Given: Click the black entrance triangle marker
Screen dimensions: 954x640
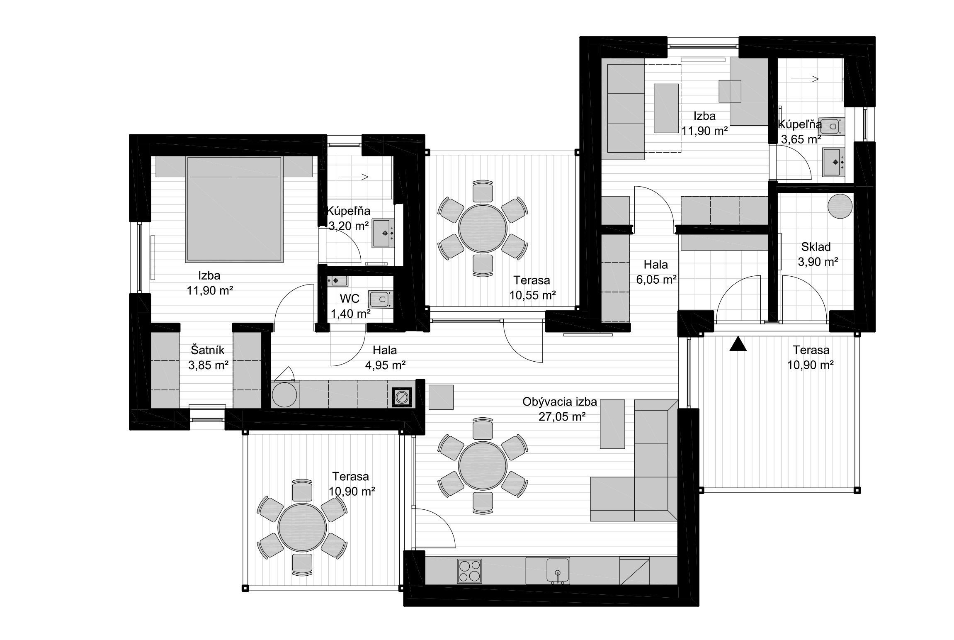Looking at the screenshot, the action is pos(738,345).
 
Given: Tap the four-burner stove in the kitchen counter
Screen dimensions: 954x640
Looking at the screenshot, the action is pos(469,571).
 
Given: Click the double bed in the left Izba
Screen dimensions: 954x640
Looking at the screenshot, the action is pos(235,209).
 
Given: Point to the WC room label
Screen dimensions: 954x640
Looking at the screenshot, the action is pos(350,299).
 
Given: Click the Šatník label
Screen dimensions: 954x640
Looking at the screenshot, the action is pos(207,350).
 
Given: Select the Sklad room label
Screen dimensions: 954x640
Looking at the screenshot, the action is pos(816,247).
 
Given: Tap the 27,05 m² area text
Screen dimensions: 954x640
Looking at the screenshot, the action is pos(562,417).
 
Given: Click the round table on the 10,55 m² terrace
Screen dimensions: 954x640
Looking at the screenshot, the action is pos(483,228).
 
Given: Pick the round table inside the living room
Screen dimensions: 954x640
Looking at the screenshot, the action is pos(483,466).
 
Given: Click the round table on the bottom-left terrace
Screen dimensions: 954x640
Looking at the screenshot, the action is pos(302,528).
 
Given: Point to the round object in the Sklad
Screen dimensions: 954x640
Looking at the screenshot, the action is pos(840,206).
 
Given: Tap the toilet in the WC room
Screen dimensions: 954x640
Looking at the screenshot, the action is pos(379,299).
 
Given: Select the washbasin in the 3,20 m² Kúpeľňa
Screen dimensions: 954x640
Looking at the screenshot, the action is pos(384,233).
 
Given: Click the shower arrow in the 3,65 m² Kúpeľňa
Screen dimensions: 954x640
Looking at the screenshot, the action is pos(805,79).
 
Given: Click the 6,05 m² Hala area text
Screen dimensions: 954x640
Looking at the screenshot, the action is pos(656,280).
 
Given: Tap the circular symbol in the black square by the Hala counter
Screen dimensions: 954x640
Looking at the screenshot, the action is pos(401,397).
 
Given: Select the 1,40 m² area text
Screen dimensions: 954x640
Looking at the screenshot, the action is pos(350,314).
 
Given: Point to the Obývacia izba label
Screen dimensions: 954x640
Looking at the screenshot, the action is pos(559,402).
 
